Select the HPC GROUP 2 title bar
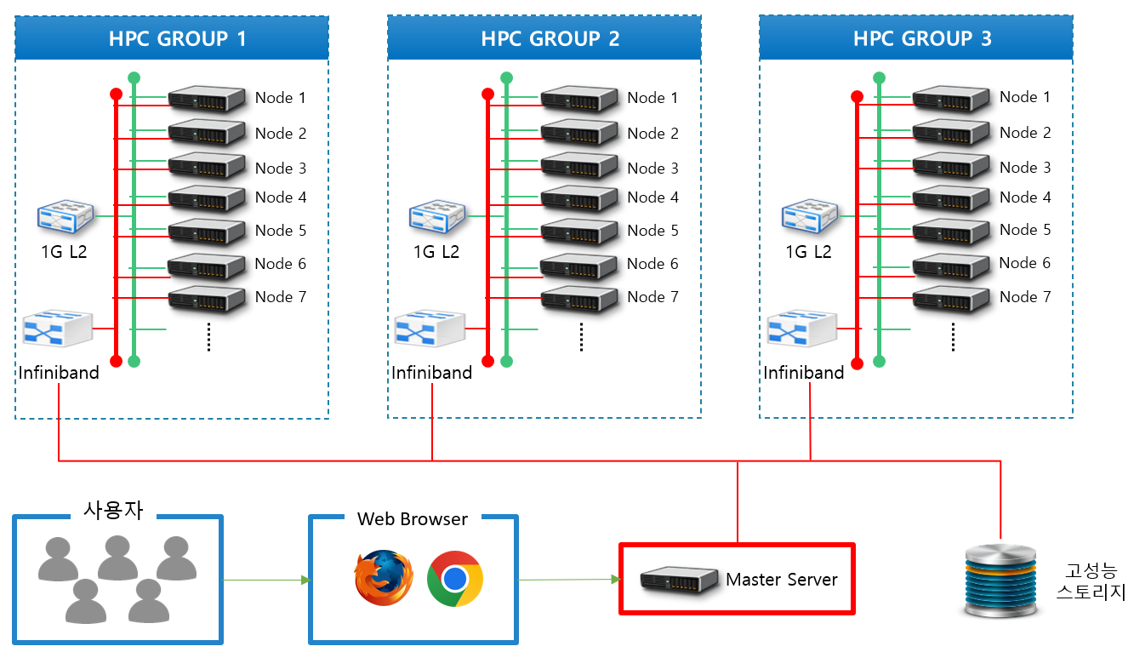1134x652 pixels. pyautogui.click(x=544, y=38)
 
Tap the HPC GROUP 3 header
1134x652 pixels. pyautogui.click(x=916, y=38)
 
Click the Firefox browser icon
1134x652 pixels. pyautogui.click(x=384, y=578)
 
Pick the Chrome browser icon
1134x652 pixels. pyautogui.click(x=455, y=579)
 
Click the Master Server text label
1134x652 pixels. pyautogui.click(x=781, y=580)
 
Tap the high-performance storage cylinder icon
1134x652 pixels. pyautogui.click(x=1001, y=582)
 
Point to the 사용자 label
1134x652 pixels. pyautogui.click(x=113, y=511)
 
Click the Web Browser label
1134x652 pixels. pyautogui.click(x=413, y=518)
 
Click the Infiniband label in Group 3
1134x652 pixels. pyautogui.click(x=803, y=373)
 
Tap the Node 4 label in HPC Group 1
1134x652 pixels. pyautogui.click(x=280, y=197)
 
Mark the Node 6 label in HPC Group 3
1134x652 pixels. pyautogui.click(x=1025, y=263)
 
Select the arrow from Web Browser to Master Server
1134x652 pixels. pyautogui.click(x=568, y=580)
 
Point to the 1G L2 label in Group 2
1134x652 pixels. pyautogui.click(x=436, y=252)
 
